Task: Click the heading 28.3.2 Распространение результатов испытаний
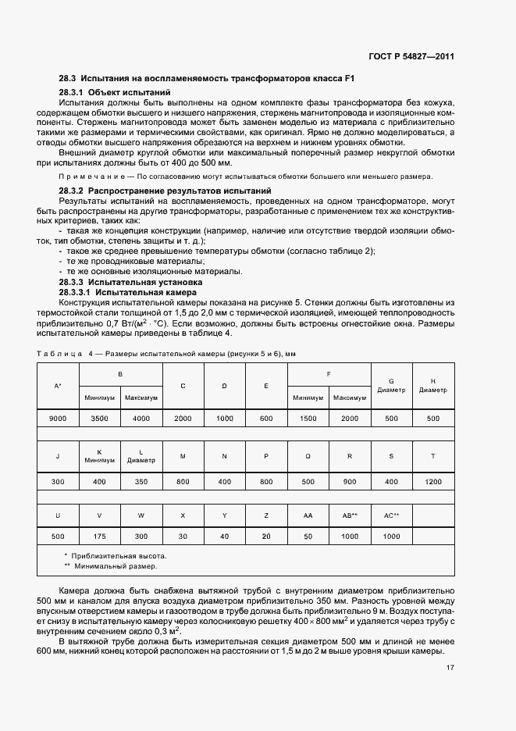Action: pos(165,190)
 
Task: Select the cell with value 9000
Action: pos(58,419)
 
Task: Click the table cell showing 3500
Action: pos(99,419)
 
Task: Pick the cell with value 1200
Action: pos(432,482)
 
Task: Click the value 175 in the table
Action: pos(99,537)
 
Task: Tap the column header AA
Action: pos(308,515)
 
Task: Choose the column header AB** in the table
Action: pos(350,515)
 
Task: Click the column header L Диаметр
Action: pos(141,456)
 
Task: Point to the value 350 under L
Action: pos(141,482)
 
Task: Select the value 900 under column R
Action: pos(350,482)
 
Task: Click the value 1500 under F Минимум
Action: pos(308,419)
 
